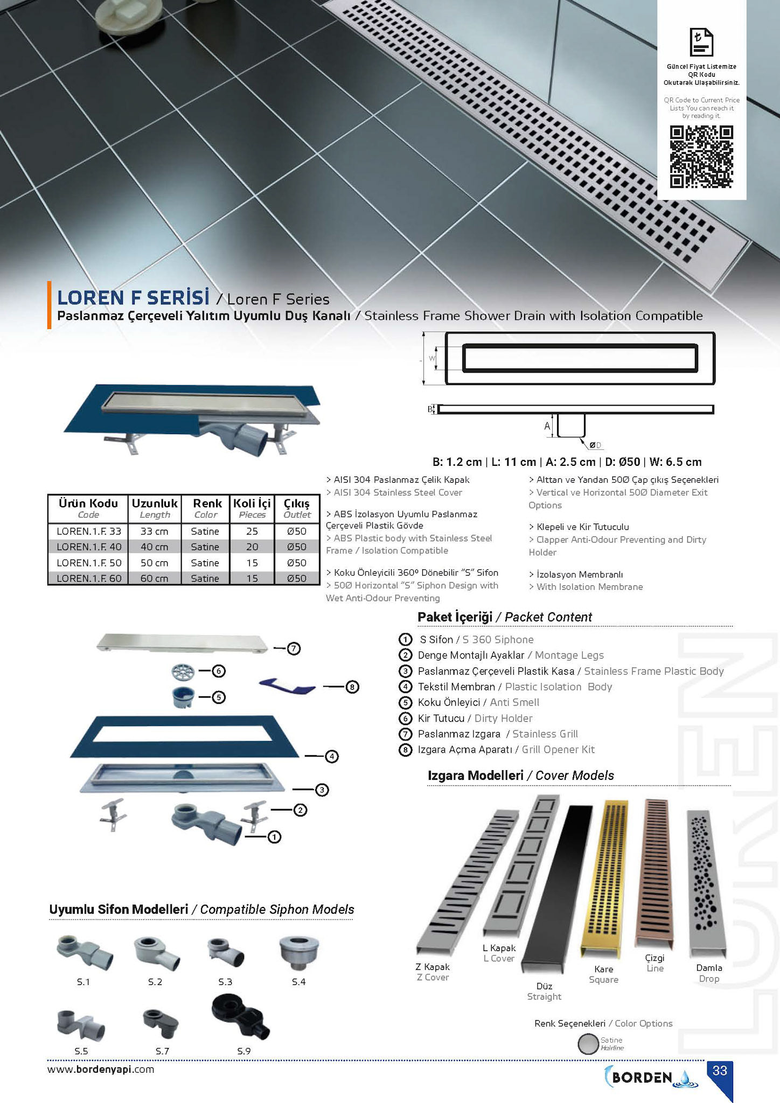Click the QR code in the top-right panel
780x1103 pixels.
(701, 157)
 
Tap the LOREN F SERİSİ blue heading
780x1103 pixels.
(133, 298)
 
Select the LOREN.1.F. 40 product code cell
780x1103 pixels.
(89, 547)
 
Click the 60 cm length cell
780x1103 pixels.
(154, 578)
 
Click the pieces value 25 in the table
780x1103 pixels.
(252, 531)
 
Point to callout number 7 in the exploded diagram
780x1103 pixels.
(294, 648)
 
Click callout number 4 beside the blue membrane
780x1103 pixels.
(332, 756)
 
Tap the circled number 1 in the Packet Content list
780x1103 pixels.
(405, 639)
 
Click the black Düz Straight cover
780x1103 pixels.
(558, 889)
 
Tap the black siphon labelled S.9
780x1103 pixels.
(240, 1017)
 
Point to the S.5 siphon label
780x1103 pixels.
(81, 1051)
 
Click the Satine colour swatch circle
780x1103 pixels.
(588, 1044)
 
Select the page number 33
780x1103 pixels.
(720, 1071)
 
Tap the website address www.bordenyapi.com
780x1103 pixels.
(101, 1069)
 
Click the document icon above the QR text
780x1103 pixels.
(701, 42)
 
